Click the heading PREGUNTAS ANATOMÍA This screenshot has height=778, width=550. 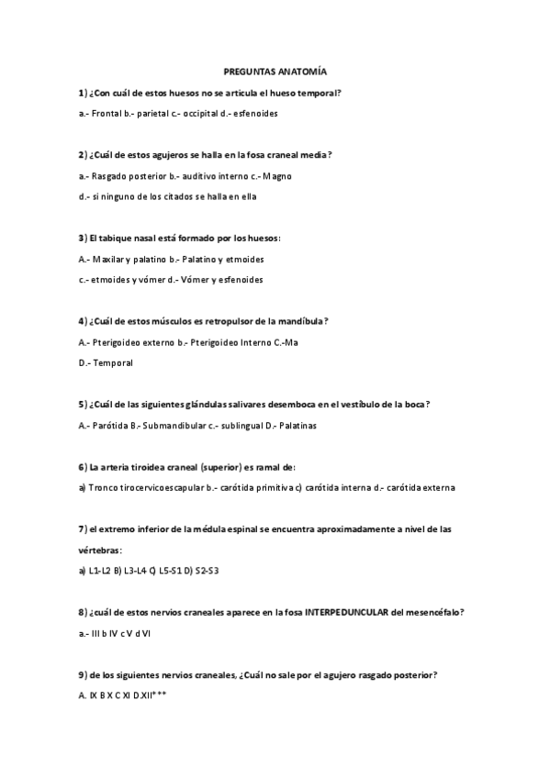point(275,71)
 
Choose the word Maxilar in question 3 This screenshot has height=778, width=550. point(109,259)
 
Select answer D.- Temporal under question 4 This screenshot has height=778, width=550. point(107,362)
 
